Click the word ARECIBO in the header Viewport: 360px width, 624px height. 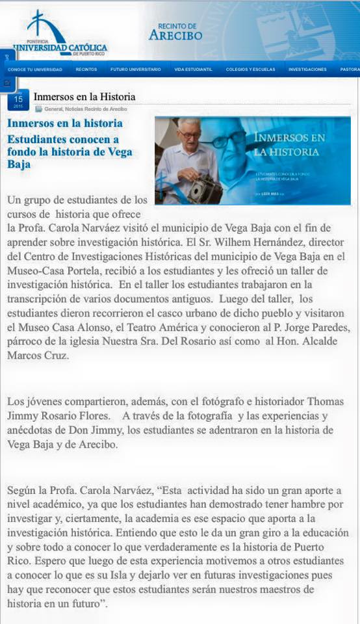[175, 36]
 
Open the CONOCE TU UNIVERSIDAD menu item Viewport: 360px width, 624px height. [35, 70]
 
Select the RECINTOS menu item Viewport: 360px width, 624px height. [86, 70]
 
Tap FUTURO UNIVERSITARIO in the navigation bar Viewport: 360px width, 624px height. [136, 70]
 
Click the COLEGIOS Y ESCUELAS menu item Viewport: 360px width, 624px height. [250, 70]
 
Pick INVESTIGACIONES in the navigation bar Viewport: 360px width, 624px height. [307, 70]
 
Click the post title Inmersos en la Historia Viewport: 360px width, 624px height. [84, 97]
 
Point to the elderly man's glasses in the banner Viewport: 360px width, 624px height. [190, 135]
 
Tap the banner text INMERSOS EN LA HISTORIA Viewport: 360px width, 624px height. [289, 145]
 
